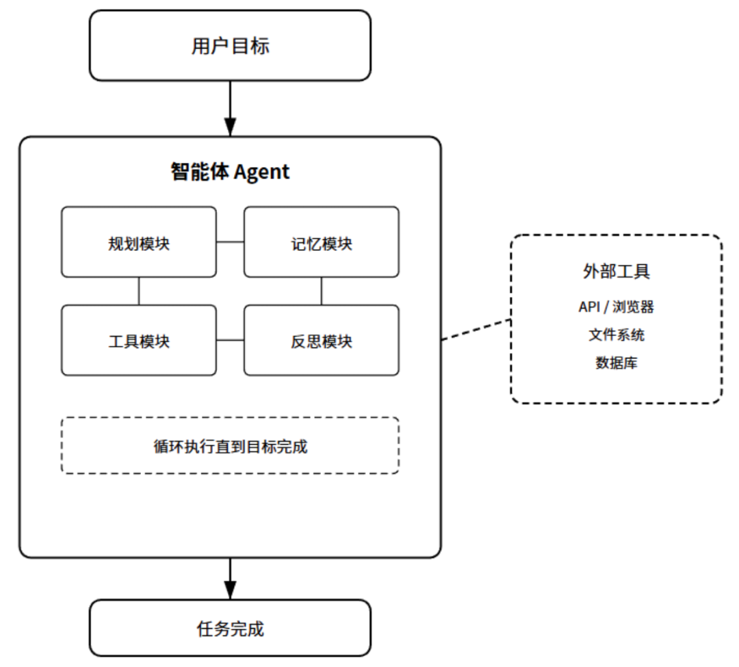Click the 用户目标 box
click(x=230, y=46)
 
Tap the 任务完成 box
click(x=230, y=628)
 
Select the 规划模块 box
click(x=139, y=242)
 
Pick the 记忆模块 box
click(x=321, y=242)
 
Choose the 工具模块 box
click(x=139, y=340)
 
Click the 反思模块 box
click(x=321, y=340)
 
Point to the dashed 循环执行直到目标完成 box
click(x=230, y=445)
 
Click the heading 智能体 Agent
click(x=230, y=171)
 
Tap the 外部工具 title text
click(x=616, y=271)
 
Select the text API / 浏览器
click(x=616, y=306)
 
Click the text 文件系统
click(x=616, y=335)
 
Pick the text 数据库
click(x=616, y=363)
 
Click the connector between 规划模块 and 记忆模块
click(x=230, y=242)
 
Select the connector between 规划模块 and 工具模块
click(x=139, y=291)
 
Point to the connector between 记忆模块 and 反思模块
click(x=321, y=291)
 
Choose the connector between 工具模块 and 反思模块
click(x=230, y=340)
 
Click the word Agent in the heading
click(x=261, y=172)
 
